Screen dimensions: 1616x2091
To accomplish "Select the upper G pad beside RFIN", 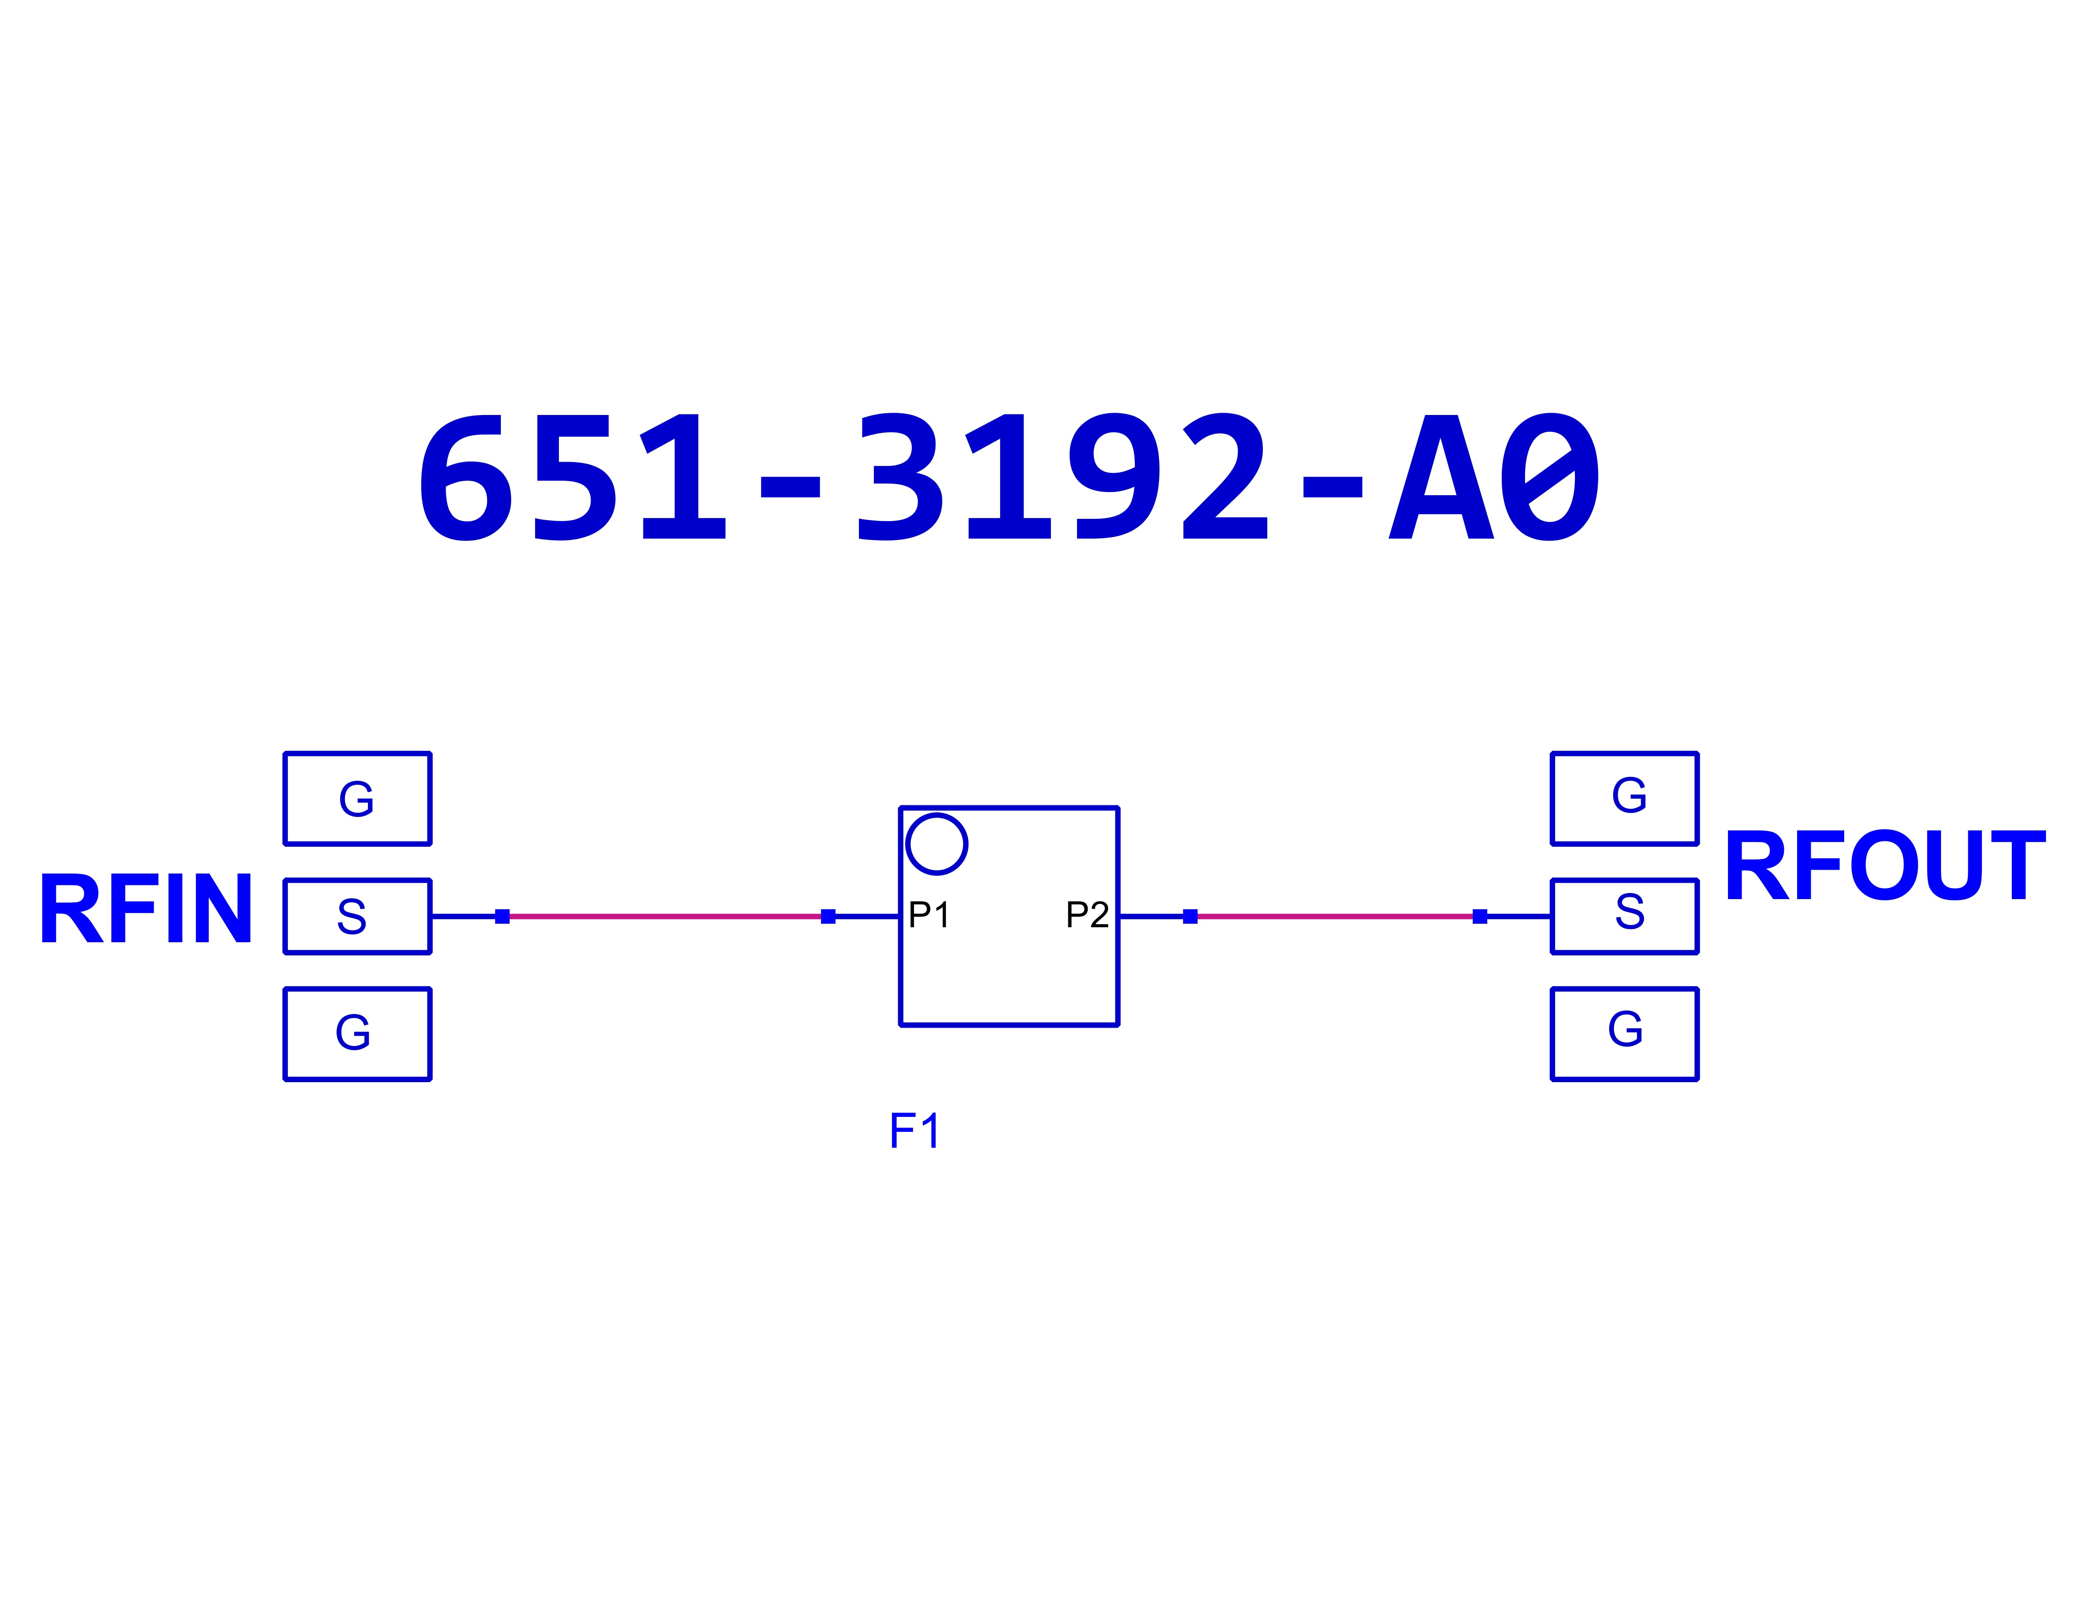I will coord(357,798).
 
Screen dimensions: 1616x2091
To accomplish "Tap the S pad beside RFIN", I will coord(357,916).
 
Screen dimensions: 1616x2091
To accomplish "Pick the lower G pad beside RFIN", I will coord(357,1034).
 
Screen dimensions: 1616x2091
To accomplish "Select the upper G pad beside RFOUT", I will coord(1625,798).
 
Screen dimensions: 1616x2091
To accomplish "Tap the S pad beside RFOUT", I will coord(1625,916).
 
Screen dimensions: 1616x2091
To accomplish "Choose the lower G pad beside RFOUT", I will coord(1625,1034).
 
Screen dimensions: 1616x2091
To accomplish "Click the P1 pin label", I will coord(929,915).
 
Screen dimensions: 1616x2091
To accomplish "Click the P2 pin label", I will coord(1087,915).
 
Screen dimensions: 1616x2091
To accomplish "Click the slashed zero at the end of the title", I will coord(1549,477).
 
